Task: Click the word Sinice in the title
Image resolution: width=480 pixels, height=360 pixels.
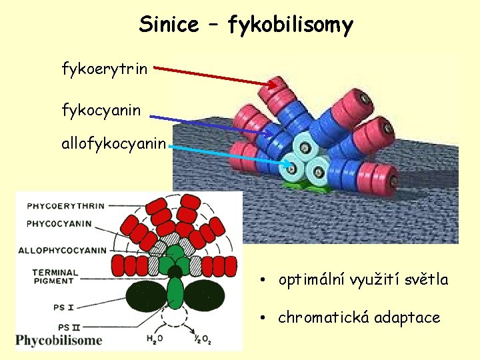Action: (169, 25)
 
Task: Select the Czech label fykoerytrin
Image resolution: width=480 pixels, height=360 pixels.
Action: (105, 68)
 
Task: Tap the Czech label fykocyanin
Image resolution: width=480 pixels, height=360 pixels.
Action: (101, 110)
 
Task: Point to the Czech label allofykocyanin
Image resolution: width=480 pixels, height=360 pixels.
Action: (114, 145)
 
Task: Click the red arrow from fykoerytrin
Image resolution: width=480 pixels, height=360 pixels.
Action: (220, 75)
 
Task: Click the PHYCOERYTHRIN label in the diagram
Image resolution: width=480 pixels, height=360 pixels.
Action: (65, 206)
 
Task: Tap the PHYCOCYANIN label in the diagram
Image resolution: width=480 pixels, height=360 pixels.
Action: (59, 224)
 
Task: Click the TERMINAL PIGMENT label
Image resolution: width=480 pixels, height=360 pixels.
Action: (55, 277)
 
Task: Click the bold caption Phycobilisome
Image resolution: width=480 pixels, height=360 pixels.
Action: (59, 341)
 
